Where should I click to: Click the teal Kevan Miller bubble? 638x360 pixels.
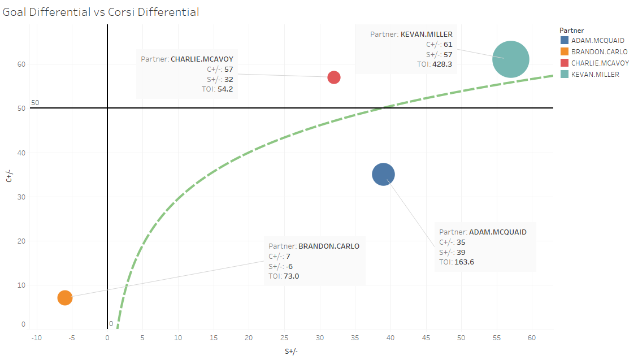coord(510,59)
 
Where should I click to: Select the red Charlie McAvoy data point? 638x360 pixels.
coord(334,77)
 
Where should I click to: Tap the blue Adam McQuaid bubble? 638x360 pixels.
coord(383,175)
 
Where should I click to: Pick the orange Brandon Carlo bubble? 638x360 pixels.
coord(65,298)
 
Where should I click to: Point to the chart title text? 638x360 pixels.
coord(101,12)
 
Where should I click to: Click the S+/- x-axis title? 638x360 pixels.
coord(291,352)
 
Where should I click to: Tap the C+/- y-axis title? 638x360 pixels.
coord(8,177)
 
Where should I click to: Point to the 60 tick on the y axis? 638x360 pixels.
coord(21,64)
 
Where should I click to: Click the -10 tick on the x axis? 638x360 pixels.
coord(37,338)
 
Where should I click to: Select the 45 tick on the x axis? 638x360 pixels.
coord(426,338)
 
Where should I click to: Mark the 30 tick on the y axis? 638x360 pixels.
coord(21,197)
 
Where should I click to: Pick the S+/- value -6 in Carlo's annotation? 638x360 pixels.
coord(290,266)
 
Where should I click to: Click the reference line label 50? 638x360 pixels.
coord(35,103)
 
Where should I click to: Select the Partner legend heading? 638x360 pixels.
coord(571,29)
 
